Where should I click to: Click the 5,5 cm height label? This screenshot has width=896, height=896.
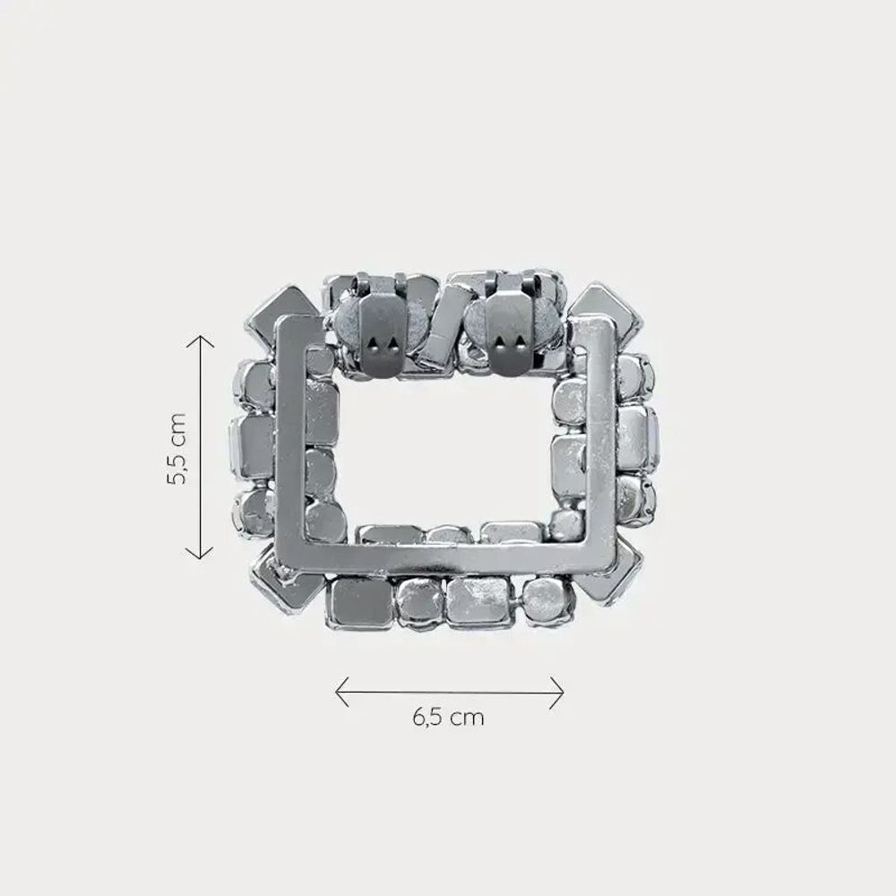pos(177,449)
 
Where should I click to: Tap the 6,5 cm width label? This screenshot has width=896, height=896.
pos(448,717)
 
